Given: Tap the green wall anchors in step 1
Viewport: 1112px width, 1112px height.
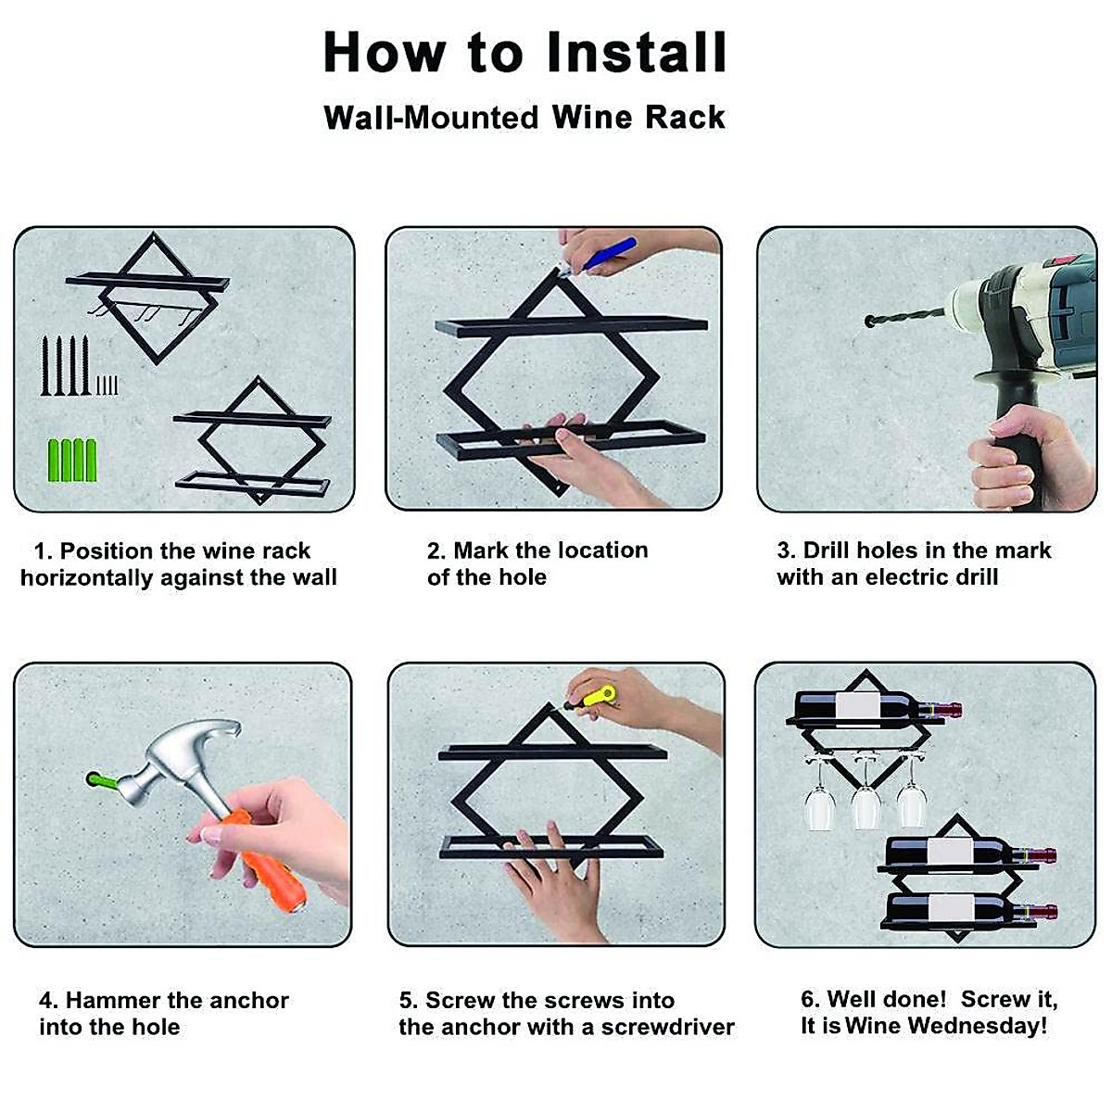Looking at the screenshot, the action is pos(72,460).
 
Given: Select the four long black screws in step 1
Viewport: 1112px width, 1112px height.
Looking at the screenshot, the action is pos(65,365).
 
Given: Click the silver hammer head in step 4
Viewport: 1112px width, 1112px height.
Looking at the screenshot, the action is pos(173,760).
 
